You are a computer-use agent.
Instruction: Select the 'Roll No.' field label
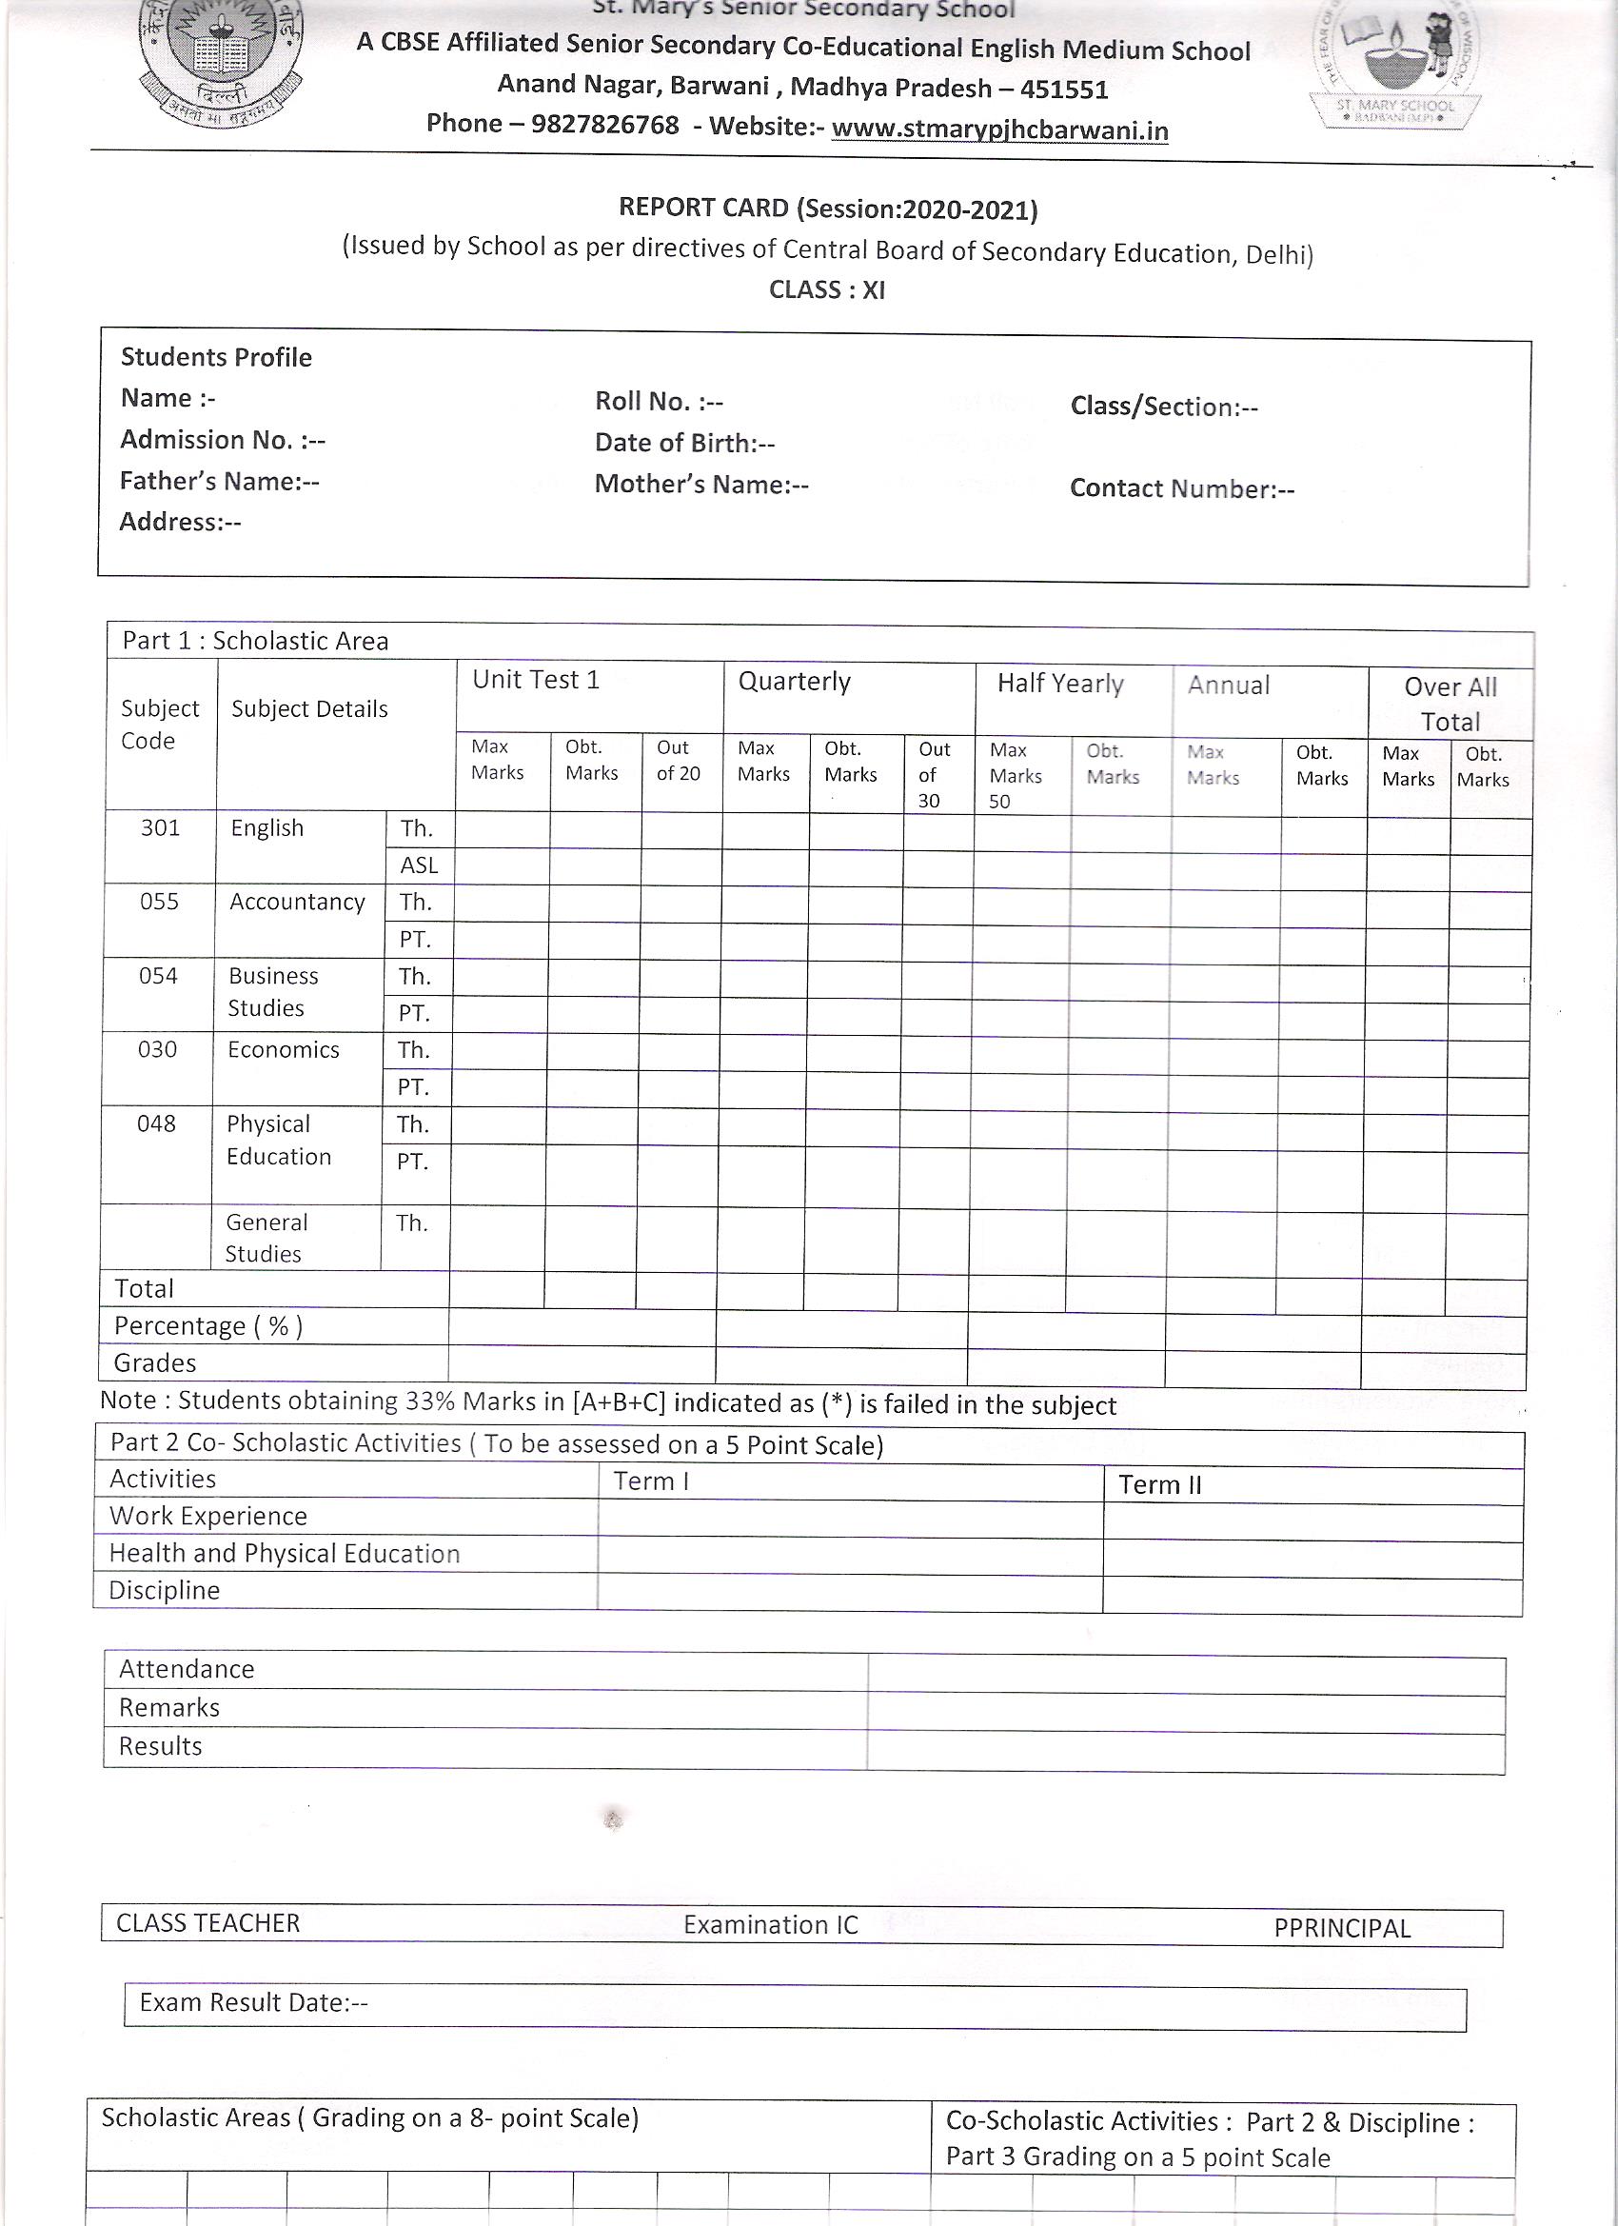point(659,402)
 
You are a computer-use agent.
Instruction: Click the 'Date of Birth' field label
point(684,443)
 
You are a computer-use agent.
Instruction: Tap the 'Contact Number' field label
point(1181,488)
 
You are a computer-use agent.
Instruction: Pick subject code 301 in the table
point(160,827)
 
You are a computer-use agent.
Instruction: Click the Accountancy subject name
point(297,901)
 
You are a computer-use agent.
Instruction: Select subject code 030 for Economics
point(157,1049)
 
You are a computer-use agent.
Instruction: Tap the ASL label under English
point(418,865)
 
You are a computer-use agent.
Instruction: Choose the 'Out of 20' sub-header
point(678,760)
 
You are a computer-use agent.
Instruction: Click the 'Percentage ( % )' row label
point(208,1326)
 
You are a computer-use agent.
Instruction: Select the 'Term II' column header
point(1160,1484)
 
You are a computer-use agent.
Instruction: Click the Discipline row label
point(164,1590)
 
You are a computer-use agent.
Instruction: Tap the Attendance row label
point(187,1668)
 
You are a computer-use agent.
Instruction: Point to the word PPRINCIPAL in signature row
point(1341,1928)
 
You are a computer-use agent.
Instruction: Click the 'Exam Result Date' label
point(253,2002)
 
